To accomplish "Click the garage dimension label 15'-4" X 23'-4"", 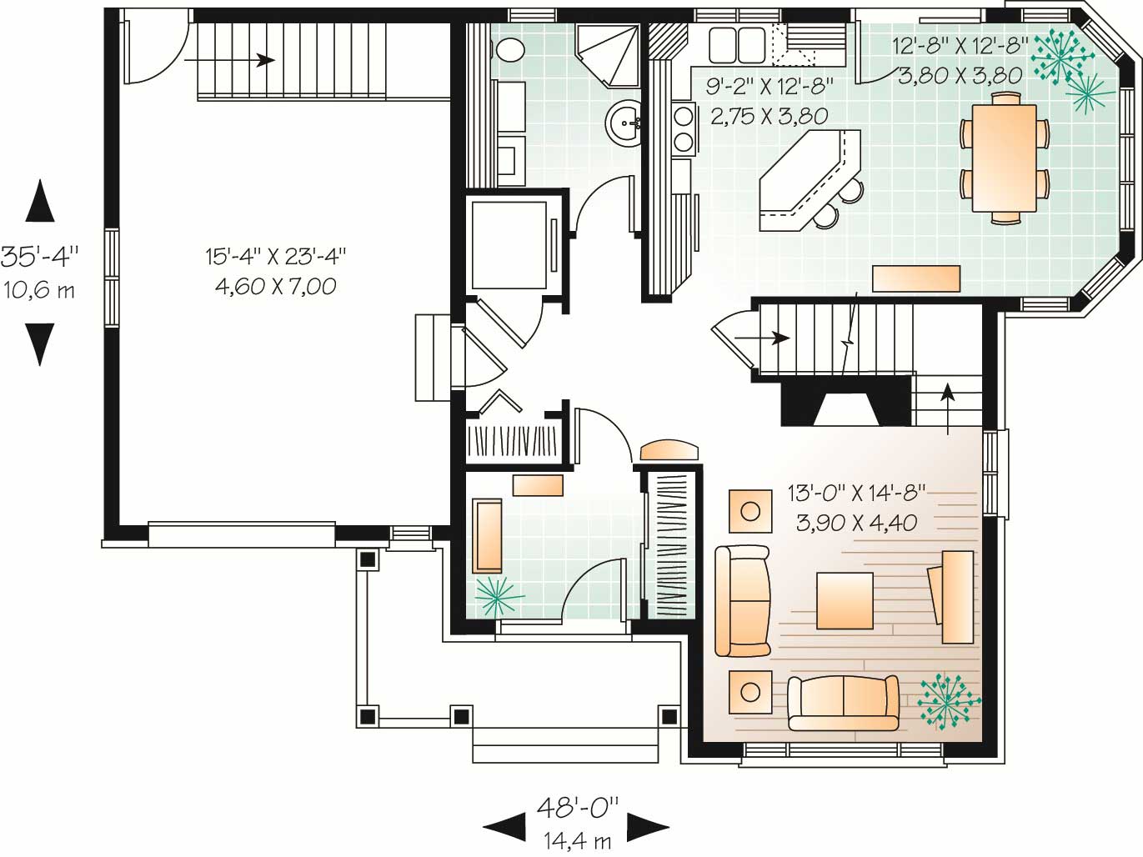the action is [x=275, y=258].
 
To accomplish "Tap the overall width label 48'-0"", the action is [x=577, y=808].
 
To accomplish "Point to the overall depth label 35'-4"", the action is [x=40, y=257].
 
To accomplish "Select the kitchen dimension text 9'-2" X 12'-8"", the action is [x=770, y=87].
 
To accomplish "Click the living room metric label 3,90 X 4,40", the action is [x=856, y=522].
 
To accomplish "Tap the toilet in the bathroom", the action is [x=509, y=49].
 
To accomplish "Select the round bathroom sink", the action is [x=624, y=123].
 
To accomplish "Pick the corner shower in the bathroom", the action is [x=607, y=54].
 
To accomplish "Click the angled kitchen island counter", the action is [x=809, y=180].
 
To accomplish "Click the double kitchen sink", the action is [x=736, y=44].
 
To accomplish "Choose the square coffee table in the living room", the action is [x=845, y=601].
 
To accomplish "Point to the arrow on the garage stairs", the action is [x=229, y=60].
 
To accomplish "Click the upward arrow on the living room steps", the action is [x=948, y=408].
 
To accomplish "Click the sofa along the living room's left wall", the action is [x=742, y=600].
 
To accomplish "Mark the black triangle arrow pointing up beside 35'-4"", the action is [x=40, y=201].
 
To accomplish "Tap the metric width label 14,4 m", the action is [x=577, y=839].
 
